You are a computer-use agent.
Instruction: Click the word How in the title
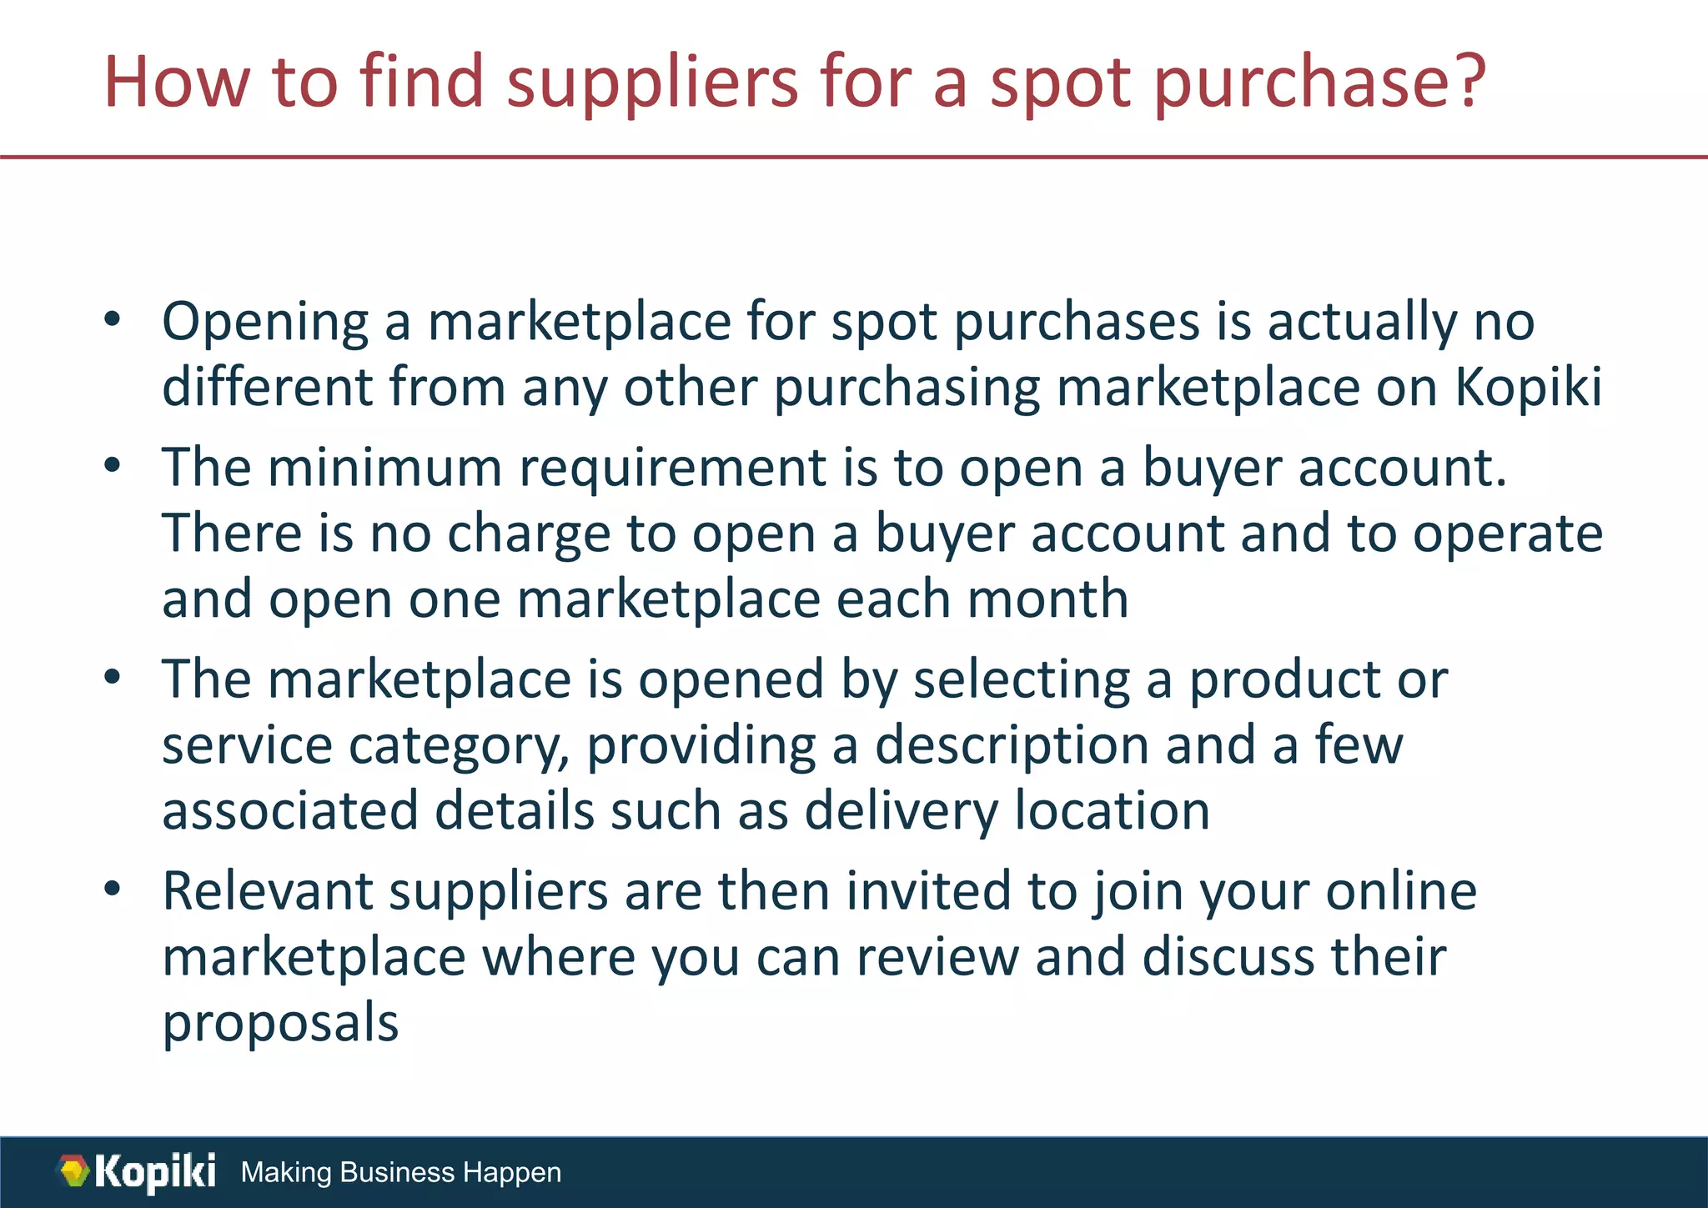coord(176,82)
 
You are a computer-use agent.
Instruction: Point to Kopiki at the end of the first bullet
coord(1529,387)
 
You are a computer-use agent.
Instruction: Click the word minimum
coord(384,467)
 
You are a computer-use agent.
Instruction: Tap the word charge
coord(529,534)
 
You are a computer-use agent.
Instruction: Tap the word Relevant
coord(267,890)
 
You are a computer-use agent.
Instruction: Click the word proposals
coord(280,1024)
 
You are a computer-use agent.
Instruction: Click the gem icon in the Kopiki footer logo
coord(74,1171)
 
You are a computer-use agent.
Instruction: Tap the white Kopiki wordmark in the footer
coord(155,1171)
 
